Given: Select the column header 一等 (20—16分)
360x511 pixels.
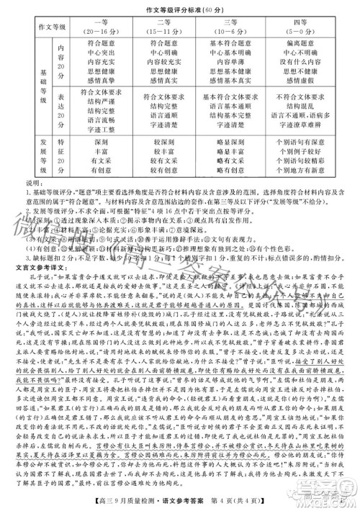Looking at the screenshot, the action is (x=101, y=27).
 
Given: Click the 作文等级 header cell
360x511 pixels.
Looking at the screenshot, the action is (x=42, y=27).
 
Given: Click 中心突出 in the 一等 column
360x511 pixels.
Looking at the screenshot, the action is (x=101, y=53).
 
